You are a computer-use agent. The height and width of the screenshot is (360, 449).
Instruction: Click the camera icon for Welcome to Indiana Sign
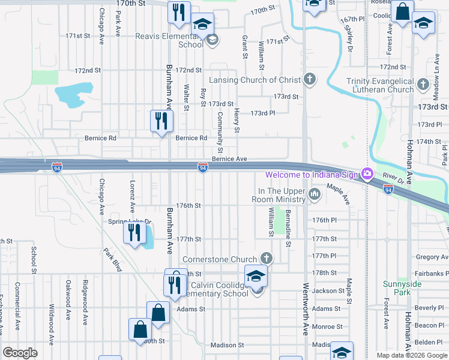367,174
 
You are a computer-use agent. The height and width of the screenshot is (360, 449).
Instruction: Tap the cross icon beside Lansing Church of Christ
309,79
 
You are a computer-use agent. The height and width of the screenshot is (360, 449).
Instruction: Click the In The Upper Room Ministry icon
315,194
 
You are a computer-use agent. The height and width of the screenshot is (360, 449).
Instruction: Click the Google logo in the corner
20,352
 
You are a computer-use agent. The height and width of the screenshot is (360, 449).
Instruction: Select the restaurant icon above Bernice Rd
161,121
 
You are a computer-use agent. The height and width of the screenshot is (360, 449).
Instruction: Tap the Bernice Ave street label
229,160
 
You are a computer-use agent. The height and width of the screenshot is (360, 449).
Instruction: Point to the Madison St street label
227,345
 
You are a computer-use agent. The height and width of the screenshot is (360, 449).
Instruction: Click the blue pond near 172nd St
73,94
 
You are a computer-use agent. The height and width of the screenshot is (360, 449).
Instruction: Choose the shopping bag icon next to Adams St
158,313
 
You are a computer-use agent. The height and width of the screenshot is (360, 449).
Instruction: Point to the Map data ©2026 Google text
411,355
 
